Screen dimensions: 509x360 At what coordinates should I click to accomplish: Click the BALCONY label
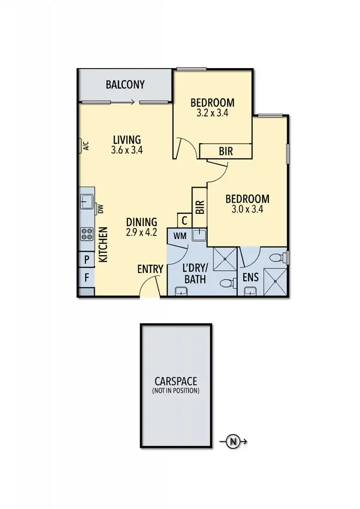click(125, 85)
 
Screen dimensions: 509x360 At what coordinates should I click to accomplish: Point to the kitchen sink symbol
click(87, 202)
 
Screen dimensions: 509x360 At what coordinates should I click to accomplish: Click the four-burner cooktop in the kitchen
click(87, 234)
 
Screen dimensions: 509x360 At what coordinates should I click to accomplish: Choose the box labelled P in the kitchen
click(87, 259)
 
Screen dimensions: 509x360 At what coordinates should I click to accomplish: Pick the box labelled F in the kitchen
click(87, 277)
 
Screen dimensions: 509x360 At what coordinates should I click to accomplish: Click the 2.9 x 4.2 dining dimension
click(141, 232)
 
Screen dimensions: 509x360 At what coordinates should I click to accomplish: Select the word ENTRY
click(150, 269)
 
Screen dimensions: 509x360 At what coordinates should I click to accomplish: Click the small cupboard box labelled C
click(184, 221)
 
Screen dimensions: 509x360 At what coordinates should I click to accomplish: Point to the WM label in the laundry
click(180, 236)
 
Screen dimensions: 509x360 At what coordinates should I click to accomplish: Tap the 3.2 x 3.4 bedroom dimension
click(212, 113)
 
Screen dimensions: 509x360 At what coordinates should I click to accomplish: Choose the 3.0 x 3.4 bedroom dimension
click(247, 209)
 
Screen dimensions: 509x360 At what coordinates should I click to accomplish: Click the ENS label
click(250, 277)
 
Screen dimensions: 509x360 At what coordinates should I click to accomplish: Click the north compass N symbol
click(232, 441)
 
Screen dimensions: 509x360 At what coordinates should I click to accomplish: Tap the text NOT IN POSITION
click(176, 391)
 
